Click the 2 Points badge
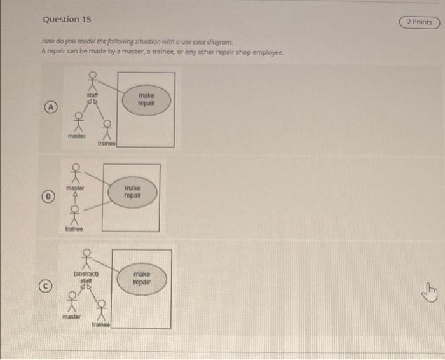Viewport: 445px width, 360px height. point(419,22)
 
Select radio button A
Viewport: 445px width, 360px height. point(48,107)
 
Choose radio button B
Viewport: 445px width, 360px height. point(48,197)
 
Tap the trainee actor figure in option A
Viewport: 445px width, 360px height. point(106,130)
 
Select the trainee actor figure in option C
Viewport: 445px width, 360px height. point(101,310)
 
